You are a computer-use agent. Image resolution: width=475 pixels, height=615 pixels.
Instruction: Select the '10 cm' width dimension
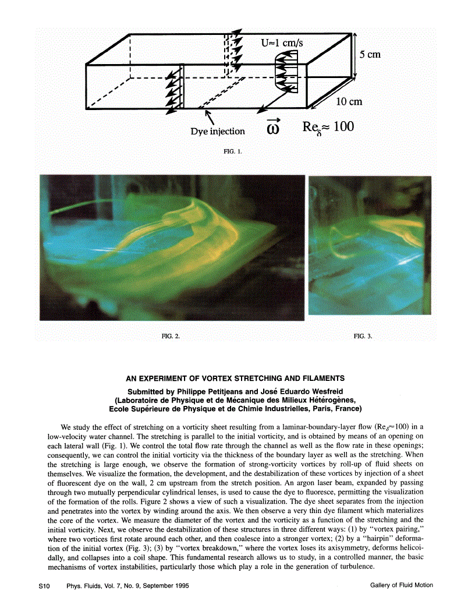(x=349, y=101)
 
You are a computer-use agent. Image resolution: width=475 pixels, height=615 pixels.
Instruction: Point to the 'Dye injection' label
(x=218, y=132)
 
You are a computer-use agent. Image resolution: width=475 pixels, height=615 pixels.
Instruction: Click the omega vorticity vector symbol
(x=272, y=128)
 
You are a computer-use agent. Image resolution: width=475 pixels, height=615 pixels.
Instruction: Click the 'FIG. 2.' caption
(x=171, y=336)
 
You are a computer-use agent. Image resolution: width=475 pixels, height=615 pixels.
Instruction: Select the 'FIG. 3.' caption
(x=363, y=336)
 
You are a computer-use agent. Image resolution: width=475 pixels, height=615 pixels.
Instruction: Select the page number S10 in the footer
(x=37, y=585)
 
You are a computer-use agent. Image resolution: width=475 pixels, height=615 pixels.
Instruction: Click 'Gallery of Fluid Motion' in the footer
(x=401, y=585)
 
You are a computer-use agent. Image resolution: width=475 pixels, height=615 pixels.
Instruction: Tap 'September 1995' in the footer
(x=164, y=585)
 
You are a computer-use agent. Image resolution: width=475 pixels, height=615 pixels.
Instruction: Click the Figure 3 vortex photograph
(x=370, y=245)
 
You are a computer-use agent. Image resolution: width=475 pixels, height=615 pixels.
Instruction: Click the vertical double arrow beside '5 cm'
(x=354, y=55)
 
